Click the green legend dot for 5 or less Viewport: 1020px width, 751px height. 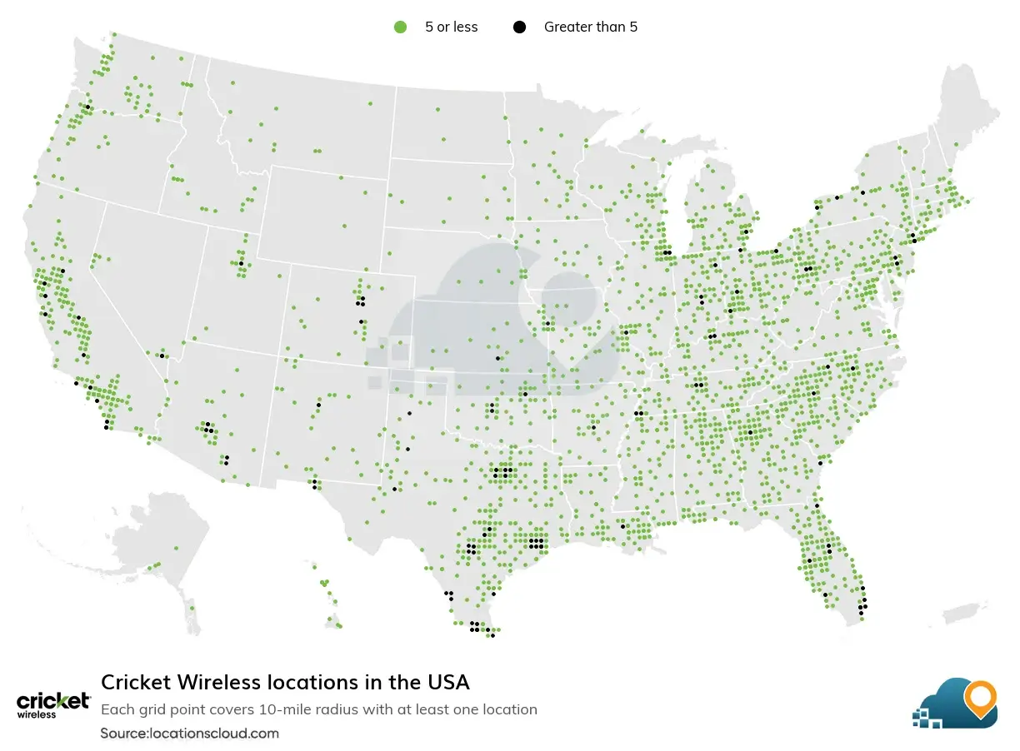pyautogui.click(x=400, y=27)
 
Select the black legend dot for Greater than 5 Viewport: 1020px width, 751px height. pyautogui.click(x=519, y=27)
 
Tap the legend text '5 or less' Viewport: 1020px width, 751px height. pyautogui.click(x=451, y=27)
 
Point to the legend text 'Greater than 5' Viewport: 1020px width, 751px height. pyautogui.click(x=590, y=27)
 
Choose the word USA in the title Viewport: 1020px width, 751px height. pyautogui.click(x=449, y=683)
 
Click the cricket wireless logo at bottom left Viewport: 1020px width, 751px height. pyautogui.click(x=53, y=704)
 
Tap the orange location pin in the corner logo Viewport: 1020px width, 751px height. pyautogui.click(x=979, y=699)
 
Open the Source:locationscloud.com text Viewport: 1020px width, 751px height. pyautogui.click(x=189, y=734)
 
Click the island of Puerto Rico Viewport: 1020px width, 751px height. pyautogui.click(x=966, y=614)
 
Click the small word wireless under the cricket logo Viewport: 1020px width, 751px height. pyautogui.click(x=37, y=714)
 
